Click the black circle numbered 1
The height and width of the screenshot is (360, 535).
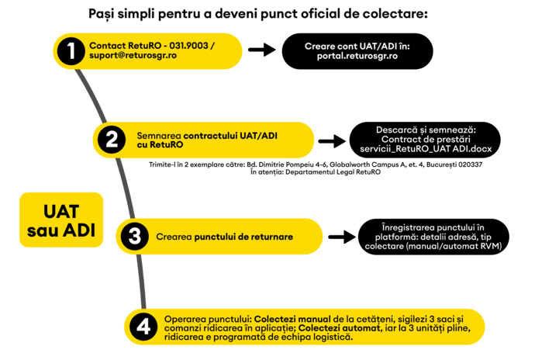click(71, 51)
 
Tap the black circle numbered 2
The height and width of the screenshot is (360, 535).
click(112, 140)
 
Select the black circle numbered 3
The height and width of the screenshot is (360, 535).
click(134, 237)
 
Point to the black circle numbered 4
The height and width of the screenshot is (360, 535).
click(143, 327)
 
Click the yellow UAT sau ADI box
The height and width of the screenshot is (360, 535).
click(61, 220)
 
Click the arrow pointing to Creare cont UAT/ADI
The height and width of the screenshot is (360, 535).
click(262, 50)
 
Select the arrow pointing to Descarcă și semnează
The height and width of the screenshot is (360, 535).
click(332, 140)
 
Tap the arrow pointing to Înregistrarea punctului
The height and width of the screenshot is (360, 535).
click(342, 237)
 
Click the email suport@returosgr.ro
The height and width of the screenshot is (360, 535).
click(133, 55)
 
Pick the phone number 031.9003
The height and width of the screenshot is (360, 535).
click(188, 46)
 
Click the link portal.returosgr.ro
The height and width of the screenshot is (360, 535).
click(357, 56)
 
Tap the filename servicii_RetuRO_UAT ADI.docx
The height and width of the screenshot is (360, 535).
click(426, 149)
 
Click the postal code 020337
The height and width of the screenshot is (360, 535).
click(471, 164)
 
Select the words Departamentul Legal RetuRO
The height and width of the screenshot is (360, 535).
click(333, 172)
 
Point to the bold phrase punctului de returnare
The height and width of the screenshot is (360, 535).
click(243, 237)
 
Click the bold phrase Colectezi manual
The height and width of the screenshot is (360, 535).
click(292, 320)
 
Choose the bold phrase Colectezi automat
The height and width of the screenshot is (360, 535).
click(340, 328)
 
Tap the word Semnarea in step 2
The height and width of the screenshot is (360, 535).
click(159, 136)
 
